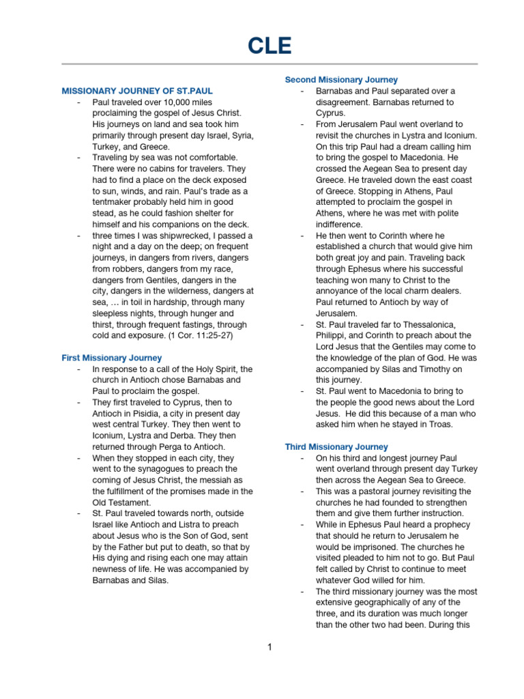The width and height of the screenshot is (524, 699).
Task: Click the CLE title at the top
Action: (270, 46)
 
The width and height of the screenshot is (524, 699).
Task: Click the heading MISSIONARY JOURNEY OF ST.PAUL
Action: (142, 90)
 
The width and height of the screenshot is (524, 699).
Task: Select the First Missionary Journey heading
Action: (112, 358)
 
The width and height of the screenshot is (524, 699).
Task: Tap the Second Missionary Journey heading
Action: (341, 80)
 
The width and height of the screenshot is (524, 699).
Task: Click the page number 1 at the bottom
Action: (270, 647)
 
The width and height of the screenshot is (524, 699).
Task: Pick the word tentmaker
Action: (116, 202)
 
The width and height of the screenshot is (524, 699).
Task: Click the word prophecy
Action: (446, 525)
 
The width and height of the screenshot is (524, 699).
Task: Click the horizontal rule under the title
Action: (270, 64)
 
